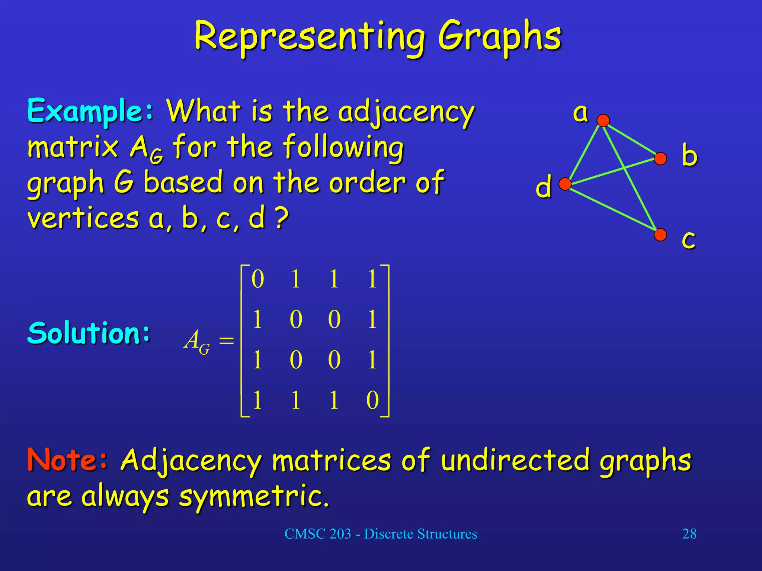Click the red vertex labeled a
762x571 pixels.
tap(603, 120)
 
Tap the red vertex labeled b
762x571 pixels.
tap(660, 159)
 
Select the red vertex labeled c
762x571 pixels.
tap(660, 235)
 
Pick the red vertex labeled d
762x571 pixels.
tap(565, 184)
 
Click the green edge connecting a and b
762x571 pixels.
tap(632, 140)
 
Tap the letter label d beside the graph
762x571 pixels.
tap(543, 187)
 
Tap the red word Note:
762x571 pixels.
tap(67, 460)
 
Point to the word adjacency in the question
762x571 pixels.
tap(406, 112)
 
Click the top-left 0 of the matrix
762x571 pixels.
tap(258, 279)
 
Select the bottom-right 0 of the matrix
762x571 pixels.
tap(372, 400)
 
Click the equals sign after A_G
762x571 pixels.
tap(226, 341)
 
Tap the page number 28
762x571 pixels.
tap(689, 534)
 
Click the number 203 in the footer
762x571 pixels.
tap(340, 534)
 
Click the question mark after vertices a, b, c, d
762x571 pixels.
tap(282, 219)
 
